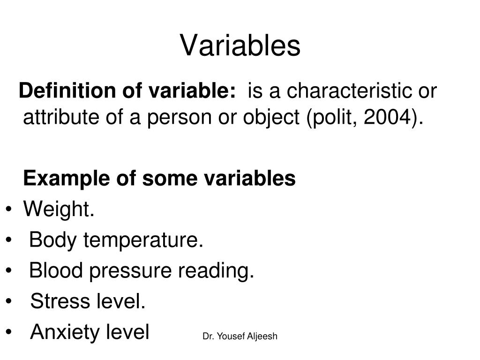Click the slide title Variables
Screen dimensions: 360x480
[240, 46]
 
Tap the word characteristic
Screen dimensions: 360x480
[350, 90]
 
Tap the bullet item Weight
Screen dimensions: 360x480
[59, 209]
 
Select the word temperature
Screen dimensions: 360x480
[143, 240]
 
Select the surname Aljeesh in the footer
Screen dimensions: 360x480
[263, 336]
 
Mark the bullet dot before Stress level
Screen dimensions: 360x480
[10, 302]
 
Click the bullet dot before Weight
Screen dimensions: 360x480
[10, 210]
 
